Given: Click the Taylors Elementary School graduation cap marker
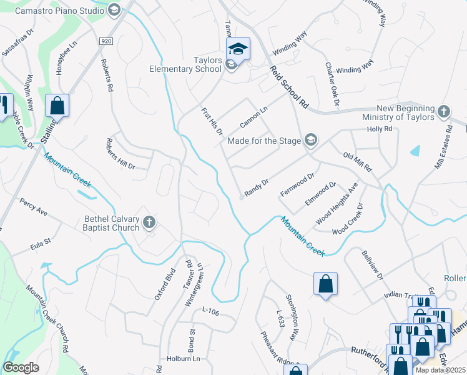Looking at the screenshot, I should pyautogui.click(x=238, y=48).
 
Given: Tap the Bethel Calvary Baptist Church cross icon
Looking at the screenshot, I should pyautogui.click(x=149, y=222).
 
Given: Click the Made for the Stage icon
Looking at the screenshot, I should pyautogui.click(x=311, y=140).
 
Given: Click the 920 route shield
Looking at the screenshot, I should pyautogui.click(x=107, y=41).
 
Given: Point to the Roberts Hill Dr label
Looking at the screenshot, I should pyautogui.click(x=120, y=153).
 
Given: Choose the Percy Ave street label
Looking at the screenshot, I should pyautogui.click(x=34, y=207).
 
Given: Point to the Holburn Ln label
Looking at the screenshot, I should pyautogui.click(x=182, y=359).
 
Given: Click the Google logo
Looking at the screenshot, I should pyautogui.click(x=21, y=367).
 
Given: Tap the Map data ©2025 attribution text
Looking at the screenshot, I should pyautogui.click(x=440, y=370).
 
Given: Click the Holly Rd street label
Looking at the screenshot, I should pyautogui.click(x=380, y=129).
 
